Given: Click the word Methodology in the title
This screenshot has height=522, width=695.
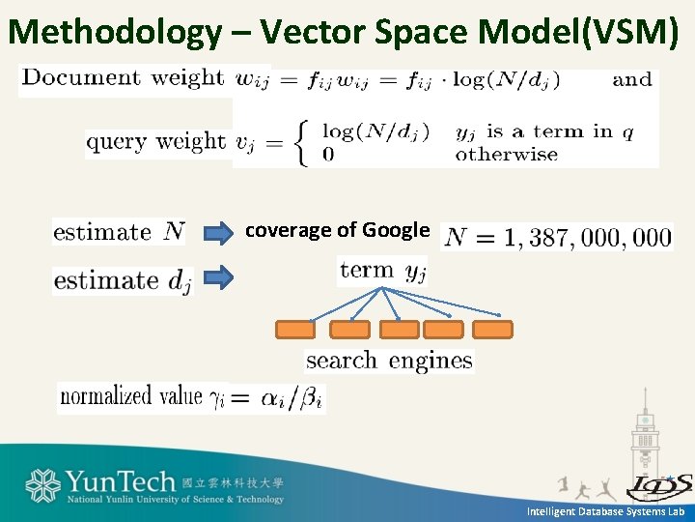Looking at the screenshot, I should pyautogui.click(x=114, y=33).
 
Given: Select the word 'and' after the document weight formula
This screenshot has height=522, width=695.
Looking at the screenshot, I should pyautogui.click(x=632, y=79).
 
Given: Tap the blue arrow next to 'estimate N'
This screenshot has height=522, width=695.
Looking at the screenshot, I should pyautogui.click(x=221, y=232).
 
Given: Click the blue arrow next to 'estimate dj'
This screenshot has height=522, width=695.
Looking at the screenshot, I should pyautogui.click(x=221, y=279).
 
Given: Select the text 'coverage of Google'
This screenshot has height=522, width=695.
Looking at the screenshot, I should pyautogui.click(x=337, y=230).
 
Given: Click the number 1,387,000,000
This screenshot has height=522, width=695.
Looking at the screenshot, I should pyautogui.click(x=557, y=237).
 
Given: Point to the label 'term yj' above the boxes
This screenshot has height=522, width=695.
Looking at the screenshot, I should pyautogui.click(x=382, y=271).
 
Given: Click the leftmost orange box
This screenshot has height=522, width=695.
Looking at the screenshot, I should pyautogui.click(x=295, y=330).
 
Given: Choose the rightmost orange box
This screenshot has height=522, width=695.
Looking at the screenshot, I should pyautogui.click(x=492, y=330).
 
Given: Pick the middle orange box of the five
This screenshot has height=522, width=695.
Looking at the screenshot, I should pyautogui.click(x=399, y=330).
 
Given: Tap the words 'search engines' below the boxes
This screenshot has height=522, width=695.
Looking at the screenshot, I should pyautogui.click(x=389, y=361).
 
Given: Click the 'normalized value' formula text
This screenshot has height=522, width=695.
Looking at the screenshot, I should pyautogui.click(x=191, y=396).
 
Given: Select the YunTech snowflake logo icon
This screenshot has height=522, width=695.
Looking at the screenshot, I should pyautogui.click(x=43, y=486).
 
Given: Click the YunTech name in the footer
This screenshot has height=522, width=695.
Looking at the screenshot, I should pyautogui.click(x=121, y=481).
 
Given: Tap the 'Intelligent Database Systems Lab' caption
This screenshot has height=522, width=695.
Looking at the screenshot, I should pyautogui.click(x=605, y=511).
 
